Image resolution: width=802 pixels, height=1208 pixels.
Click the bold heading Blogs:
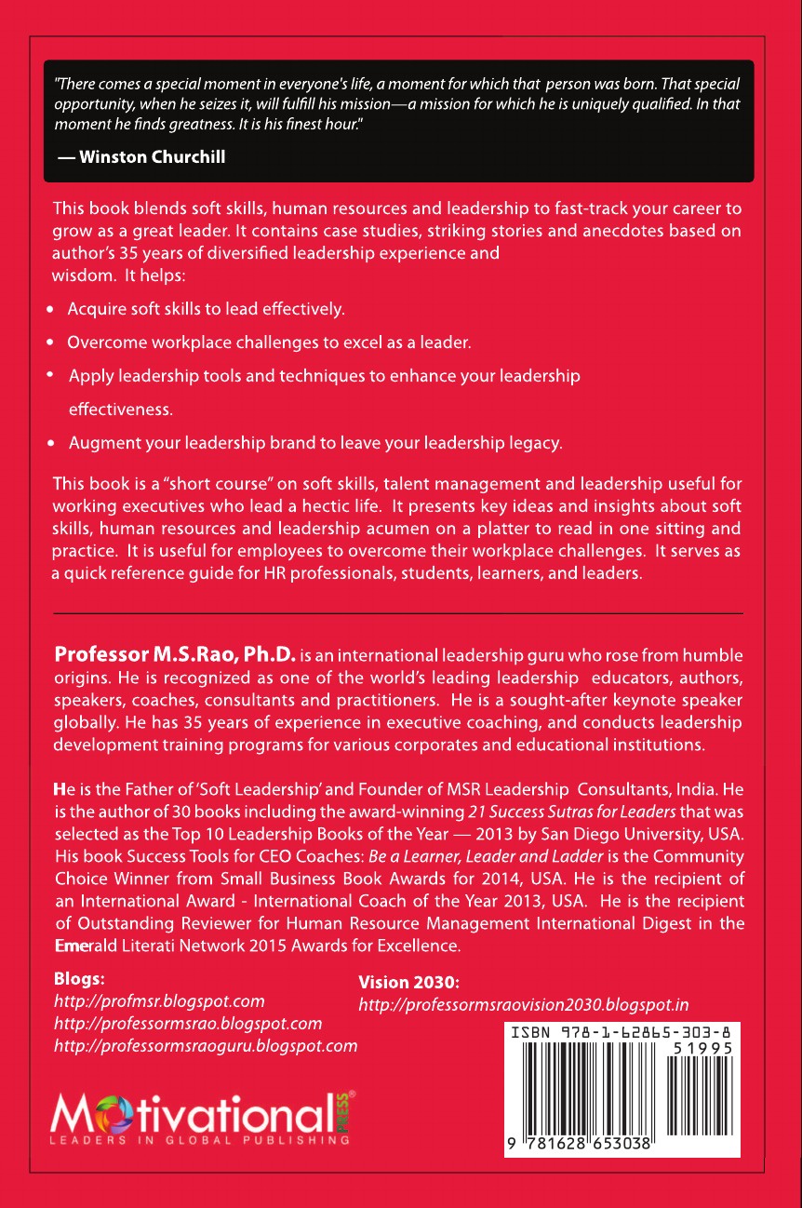(x=80, y=979)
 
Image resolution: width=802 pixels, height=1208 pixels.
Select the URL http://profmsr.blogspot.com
(x=160, y=1001)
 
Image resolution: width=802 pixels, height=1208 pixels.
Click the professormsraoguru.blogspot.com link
(x=206, y=1045)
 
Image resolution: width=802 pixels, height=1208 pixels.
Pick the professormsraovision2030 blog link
(x=523, y=1005)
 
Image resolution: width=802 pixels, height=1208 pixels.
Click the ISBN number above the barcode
(x=620, y=1032)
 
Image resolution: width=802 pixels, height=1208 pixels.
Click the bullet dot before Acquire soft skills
(x=50, y=308)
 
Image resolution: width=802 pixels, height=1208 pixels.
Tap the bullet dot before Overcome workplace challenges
(x=50, y=343)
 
